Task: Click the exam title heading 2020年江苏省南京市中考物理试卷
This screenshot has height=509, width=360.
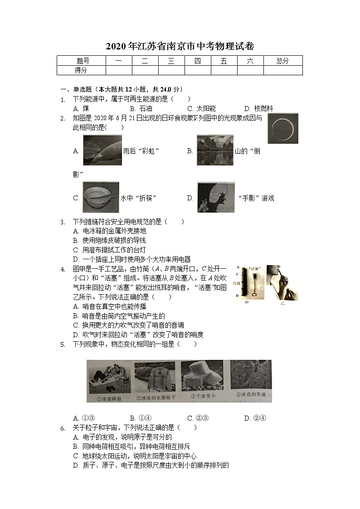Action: [x=180, y=46]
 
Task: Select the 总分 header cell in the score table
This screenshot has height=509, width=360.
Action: [x=282, y=61]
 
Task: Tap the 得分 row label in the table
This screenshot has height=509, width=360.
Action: [x=81, y=70]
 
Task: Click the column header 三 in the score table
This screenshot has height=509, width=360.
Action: [x=171, y=61]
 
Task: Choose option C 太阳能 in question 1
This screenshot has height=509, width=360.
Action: [x=201, y=108]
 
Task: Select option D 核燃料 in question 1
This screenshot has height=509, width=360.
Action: [x=258, y=108]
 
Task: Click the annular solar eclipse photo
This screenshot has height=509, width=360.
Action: [x=282, y=129]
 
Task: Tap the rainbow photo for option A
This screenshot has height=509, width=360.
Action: [x=102, y=150]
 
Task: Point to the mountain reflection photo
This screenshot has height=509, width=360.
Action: [x=215, y=150]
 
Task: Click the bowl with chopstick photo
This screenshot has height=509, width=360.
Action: [x=101, y=197]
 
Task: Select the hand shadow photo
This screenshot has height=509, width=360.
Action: [x=216, y=197]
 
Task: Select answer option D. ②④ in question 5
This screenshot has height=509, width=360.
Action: [x=254, y=418]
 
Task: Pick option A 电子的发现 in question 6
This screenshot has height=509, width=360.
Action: [x=122, y=437]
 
